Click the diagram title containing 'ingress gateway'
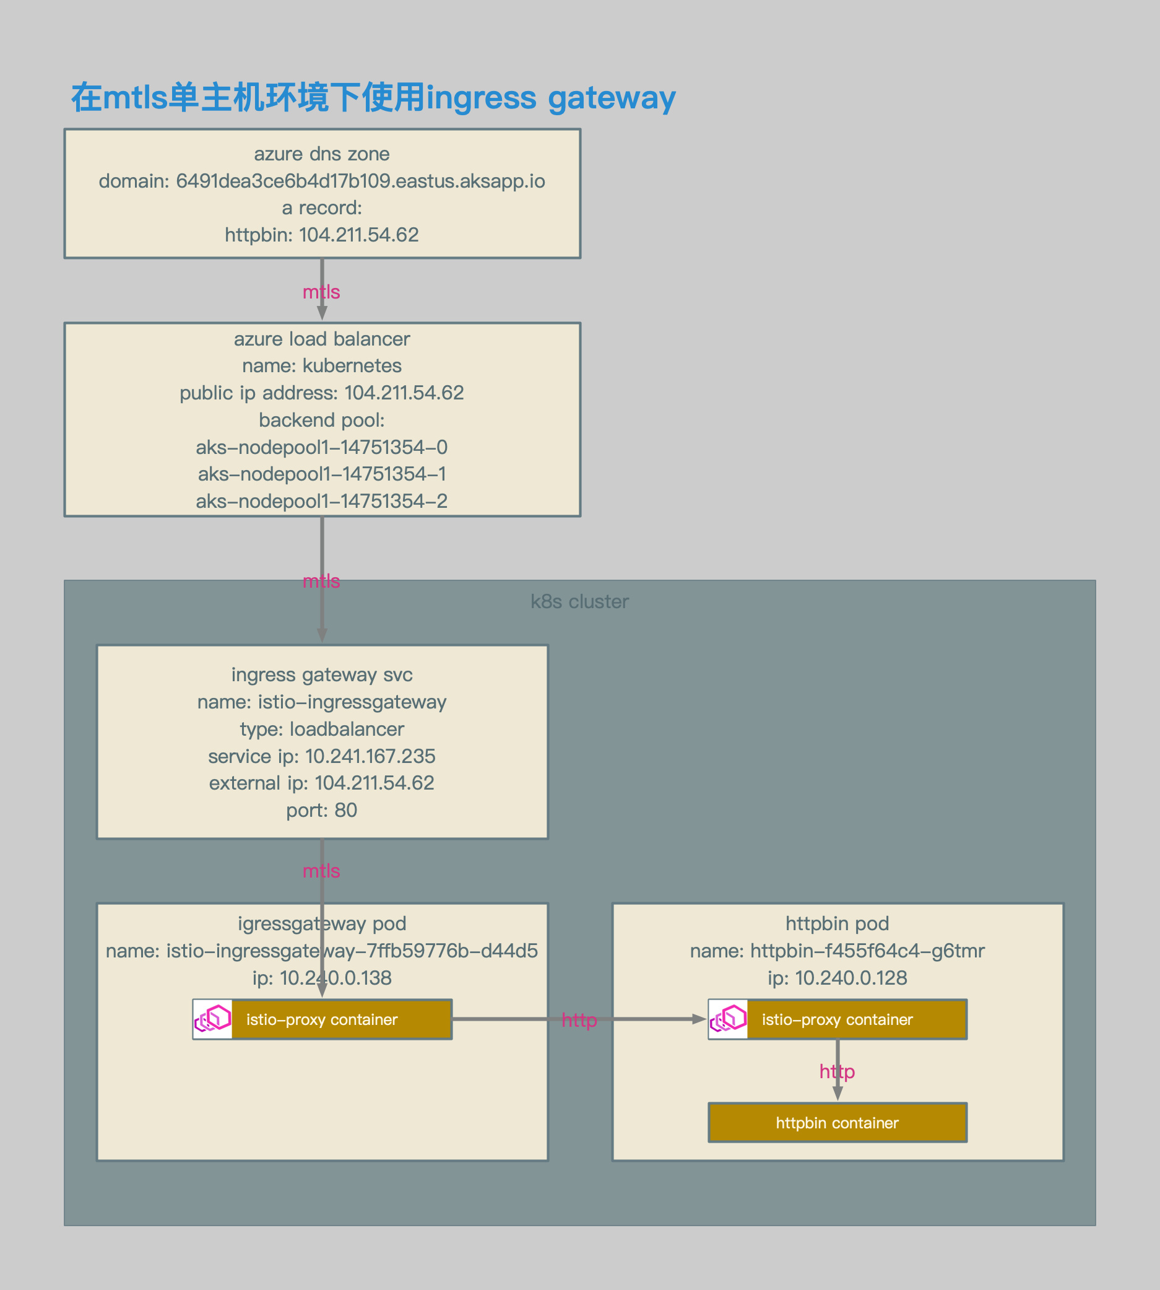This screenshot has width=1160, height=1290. coord(373,98)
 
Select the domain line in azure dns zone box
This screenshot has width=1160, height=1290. coord(322,181)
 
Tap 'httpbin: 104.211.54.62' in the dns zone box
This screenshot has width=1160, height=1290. coord(322,235)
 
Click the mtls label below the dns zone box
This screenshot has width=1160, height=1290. coord(321,292)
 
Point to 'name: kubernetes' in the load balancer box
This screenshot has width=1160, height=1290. coord(322,365)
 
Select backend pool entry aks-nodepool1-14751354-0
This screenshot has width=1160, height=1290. coord(322,447)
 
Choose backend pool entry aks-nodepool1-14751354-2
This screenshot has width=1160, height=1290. coord(322,501)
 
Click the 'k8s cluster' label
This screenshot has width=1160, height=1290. coord(579,601)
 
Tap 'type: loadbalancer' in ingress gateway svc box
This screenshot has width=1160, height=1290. coord(322,729)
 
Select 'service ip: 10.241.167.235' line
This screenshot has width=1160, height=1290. coord(322,756)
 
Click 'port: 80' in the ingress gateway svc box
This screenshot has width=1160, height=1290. coord(322,811)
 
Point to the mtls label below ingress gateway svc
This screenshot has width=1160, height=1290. coord(321,871)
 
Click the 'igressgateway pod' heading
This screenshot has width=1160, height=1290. coord(322,923)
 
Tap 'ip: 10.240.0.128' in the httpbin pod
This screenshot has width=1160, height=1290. coord(838,978)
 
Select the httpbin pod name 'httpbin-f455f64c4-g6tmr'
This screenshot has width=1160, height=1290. coord(838,951)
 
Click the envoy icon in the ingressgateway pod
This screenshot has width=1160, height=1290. coord(213,1019)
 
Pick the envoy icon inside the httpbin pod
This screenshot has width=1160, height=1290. coord(728,1019)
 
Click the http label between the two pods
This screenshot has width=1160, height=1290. coord(579,1020)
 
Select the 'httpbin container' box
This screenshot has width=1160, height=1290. coord(838,1123)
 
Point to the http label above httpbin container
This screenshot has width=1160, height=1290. coord(838,1071)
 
